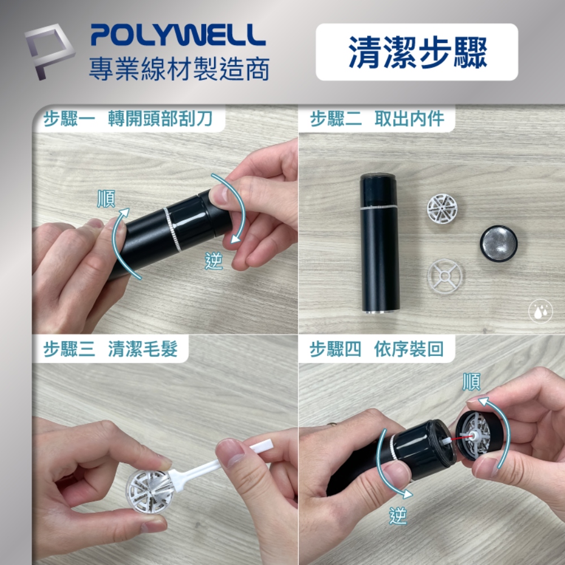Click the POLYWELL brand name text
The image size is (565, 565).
click(x=177, y=35)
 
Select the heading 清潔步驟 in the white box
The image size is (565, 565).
click(x=417, y=52)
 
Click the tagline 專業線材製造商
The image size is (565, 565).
click(x=179, y=68)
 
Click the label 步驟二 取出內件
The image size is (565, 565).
click(x=377, y=119)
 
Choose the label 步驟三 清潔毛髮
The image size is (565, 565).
click(x=111, y=349)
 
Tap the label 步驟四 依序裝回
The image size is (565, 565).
click(x=376, y=349)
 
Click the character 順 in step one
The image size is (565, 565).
click(x=106, y=199)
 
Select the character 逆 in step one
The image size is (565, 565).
click(x=214, y=262)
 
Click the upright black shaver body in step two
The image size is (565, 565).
click(x=380, y=243)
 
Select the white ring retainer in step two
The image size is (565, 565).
click(x=445, y=277)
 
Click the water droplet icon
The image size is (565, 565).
click(x=540, y=311)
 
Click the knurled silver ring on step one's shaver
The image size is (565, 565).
click(x=172, y=229)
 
